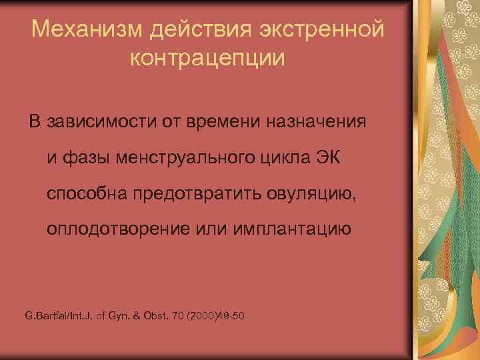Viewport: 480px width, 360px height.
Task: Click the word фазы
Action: coord(81,158)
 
